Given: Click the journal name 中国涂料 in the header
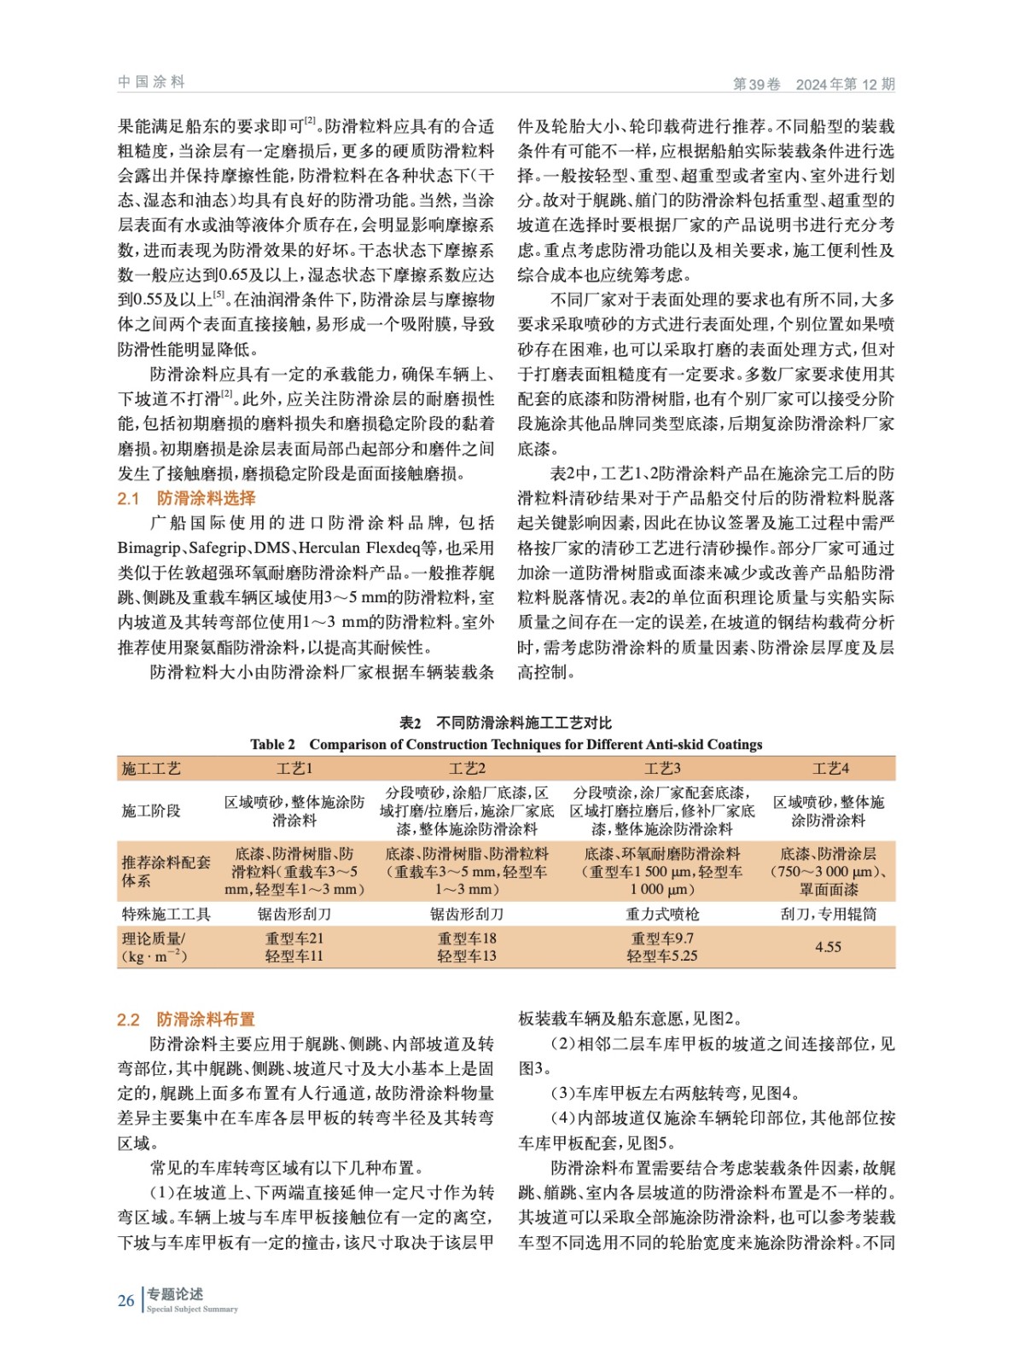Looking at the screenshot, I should [151, 82].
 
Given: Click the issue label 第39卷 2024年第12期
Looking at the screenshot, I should [813, 84].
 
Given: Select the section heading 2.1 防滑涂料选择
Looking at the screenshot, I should [186, 498].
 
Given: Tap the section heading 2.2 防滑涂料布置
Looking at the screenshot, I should [186, 1019].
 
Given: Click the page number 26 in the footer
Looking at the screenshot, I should [126, 1300].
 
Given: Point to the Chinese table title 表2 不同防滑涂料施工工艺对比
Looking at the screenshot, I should [505, 723].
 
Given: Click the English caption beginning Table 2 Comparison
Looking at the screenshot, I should [506, 744].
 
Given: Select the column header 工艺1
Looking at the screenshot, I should [294, 769].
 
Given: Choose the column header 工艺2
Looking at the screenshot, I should [467, 769].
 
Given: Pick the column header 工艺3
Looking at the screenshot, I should [661, 769].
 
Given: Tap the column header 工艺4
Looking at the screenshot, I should [830, 769].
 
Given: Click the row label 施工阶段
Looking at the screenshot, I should [152, 810].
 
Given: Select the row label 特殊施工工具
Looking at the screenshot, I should [166, 914].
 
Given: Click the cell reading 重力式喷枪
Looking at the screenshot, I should [661, 914].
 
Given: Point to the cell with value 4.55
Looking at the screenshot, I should [828, 947].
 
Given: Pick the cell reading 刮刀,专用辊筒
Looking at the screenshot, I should [828, 914].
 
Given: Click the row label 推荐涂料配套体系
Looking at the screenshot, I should [166, 871].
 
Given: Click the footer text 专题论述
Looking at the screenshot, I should [175, 1294].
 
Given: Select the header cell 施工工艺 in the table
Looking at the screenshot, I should [152, 769].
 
